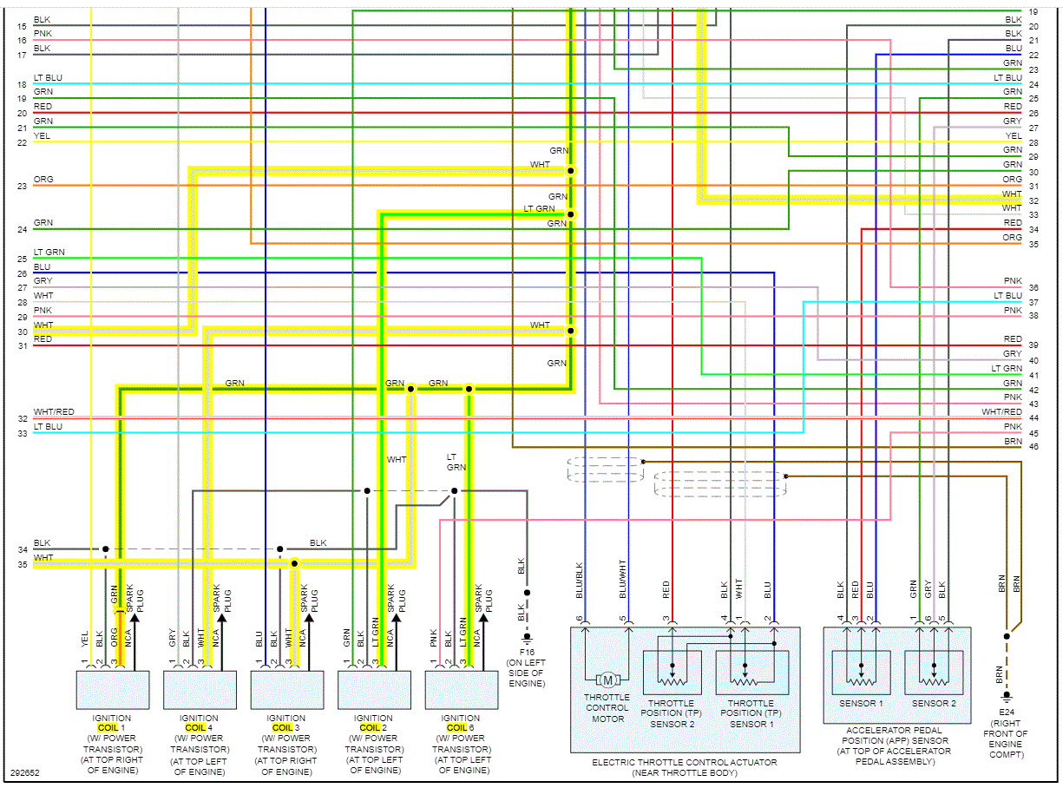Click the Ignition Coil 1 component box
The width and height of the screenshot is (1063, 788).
click(x=113, y=689)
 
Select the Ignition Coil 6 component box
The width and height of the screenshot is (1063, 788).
click(x=461, y=689)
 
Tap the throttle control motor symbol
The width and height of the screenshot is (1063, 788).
click(x=607, y=679)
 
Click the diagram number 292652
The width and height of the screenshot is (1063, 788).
click(x=24, y=772)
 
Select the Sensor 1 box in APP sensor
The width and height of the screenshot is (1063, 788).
click(x=861, y=672)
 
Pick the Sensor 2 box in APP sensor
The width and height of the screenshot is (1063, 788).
click(x=934, y=672)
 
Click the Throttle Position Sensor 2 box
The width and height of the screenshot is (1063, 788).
click(x=672, y=672)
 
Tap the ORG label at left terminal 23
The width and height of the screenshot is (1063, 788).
click(x=43, y=180)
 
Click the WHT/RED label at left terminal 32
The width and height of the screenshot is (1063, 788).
click(x=54, y=412)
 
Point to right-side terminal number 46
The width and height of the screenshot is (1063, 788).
click(x=1033, y=447)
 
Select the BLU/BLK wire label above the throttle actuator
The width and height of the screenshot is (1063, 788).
click(x=580, y=581)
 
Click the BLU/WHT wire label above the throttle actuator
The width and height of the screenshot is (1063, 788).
click(x=623, y=581)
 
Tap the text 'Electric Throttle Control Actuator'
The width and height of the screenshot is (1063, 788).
click(x=684, y=763)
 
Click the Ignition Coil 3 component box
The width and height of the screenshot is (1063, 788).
click(x=286, y=689)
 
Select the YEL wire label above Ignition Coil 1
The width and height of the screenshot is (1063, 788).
click(x=85, y=639)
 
